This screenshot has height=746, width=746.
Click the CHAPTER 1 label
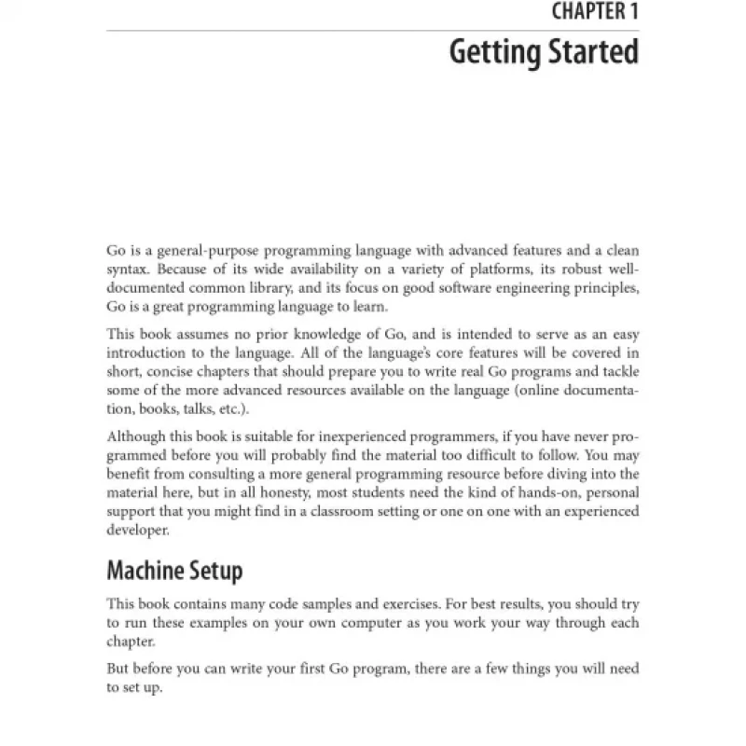[590, 13]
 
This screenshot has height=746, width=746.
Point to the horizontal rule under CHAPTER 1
[373, 31]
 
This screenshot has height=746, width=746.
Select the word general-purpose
[214, 252]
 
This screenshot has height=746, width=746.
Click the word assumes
[200, 334]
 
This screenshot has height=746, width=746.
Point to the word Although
[138, 435]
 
